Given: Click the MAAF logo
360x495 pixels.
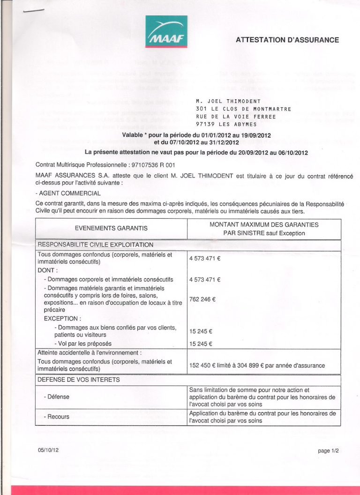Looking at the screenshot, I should point(166,31).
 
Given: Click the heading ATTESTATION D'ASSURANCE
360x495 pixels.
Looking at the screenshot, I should point(287,40).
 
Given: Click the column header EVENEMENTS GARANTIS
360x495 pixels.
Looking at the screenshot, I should point(111,228).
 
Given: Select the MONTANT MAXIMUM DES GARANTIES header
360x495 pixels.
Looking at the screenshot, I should point(264,224).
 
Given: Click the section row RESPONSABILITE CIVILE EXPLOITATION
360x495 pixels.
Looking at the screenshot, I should point(96,244).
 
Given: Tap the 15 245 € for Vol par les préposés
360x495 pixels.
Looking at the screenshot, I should point(201,344).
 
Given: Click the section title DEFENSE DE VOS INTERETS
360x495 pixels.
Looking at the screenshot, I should point(79,379).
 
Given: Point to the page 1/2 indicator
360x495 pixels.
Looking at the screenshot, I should point(328,451).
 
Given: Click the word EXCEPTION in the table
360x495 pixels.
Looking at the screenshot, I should point(61,318).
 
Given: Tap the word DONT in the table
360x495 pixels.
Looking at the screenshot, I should point(47,271).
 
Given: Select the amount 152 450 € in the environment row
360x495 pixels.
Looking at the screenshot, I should point(204,365).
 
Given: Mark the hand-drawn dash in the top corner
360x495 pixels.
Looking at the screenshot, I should point(33,11).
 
